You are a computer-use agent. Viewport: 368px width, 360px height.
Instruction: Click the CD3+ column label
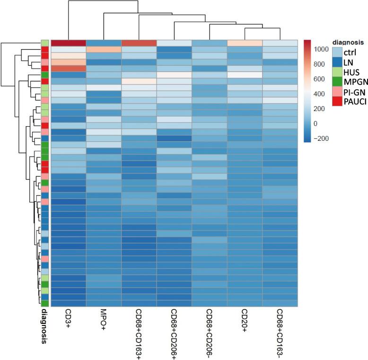pyautogui.click(x=68, y=318)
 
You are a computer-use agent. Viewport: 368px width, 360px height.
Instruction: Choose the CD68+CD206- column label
pyautogui.click(x=209, y=331)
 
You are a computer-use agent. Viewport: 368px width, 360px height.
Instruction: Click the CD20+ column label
pyautogui.click(x=244, y=319)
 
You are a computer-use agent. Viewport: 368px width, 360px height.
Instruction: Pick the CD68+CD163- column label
pyautogui.click(x=280, y=331)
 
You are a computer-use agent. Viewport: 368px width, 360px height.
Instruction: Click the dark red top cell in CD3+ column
pyautogui.click(x=68, y=43)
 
